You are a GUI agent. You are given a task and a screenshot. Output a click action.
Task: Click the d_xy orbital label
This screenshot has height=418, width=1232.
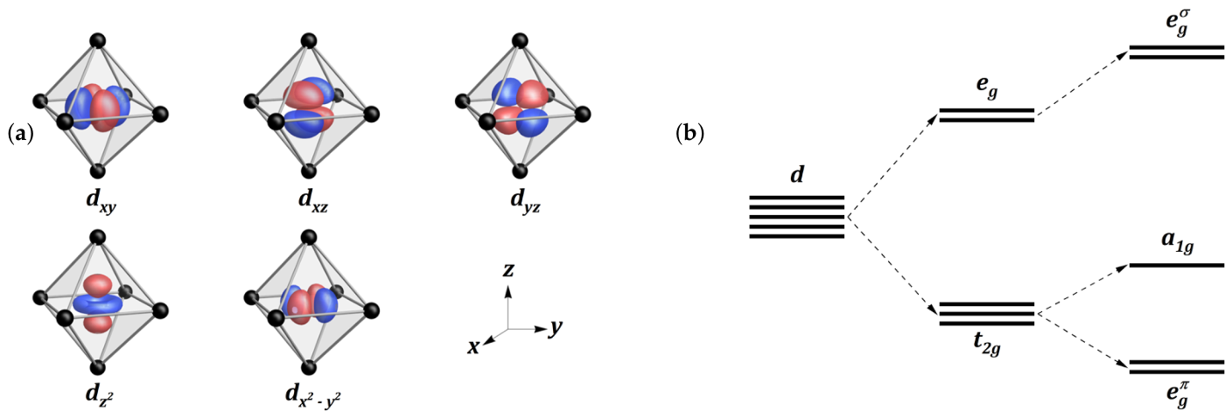(x=101, y=201)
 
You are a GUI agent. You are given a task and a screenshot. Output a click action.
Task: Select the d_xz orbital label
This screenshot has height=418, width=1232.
(x=313, y=200)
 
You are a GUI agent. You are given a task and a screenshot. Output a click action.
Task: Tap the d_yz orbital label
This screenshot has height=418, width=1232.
(x=525, y=201)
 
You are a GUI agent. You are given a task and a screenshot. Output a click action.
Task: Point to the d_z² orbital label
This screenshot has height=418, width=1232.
(x=100, y=395)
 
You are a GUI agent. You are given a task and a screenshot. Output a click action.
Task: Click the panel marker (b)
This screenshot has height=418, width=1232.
(x=689, y=134)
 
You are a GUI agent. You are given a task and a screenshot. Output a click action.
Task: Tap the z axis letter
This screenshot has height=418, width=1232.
(x=508, y=269)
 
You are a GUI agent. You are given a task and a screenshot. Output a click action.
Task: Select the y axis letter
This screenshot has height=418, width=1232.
(x=556, y=328)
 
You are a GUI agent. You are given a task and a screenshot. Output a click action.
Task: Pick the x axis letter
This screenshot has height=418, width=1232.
(x=474, y=347)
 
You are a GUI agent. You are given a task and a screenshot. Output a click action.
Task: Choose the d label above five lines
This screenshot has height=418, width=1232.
(x=797, y=175)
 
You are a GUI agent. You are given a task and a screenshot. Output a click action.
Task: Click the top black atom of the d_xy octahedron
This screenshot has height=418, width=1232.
(x=97, y=41)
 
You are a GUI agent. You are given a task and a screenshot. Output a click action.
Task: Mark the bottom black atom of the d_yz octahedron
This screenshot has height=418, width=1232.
(x=519, y=171)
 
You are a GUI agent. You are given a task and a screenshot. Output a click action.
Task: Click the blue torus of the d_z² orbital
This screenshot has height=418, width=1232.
(x=99, y=303)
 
